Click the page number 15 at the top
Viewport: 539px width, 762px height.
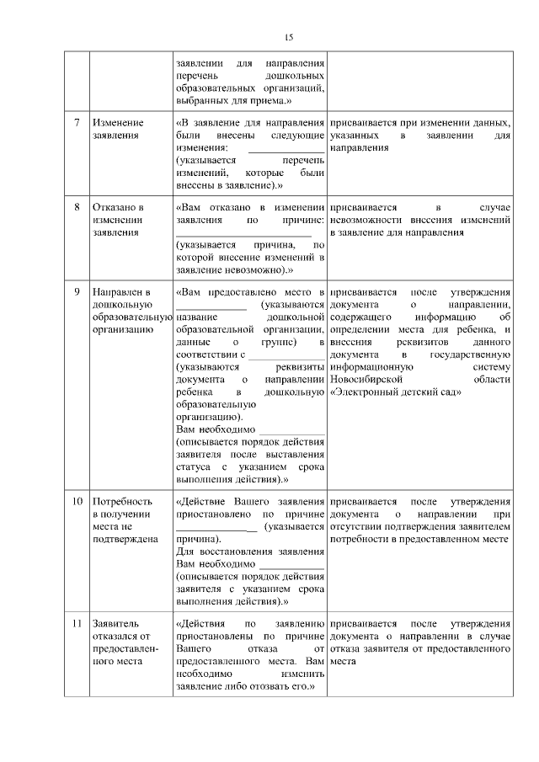[287, 37]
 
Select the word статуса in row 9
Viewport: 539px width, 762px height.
[191, 466]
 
